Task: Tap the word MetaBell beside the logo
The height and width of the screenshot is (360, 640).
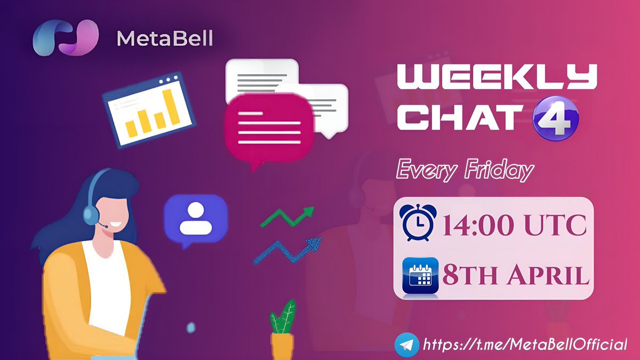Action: [165, 38]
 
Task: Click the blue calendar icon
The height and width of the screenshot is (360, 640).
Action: [420, 275]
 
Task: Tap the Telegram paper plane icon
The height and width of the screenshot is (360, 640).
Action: [406, 344]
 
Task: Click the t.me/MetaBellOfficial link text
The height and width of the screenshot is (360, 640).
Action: [525, 344]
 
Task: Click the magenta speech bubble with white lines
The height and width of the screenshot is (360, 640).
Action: [268, 129]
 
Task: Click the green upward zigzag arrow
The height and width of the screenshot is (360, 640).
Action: [288, 217]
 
